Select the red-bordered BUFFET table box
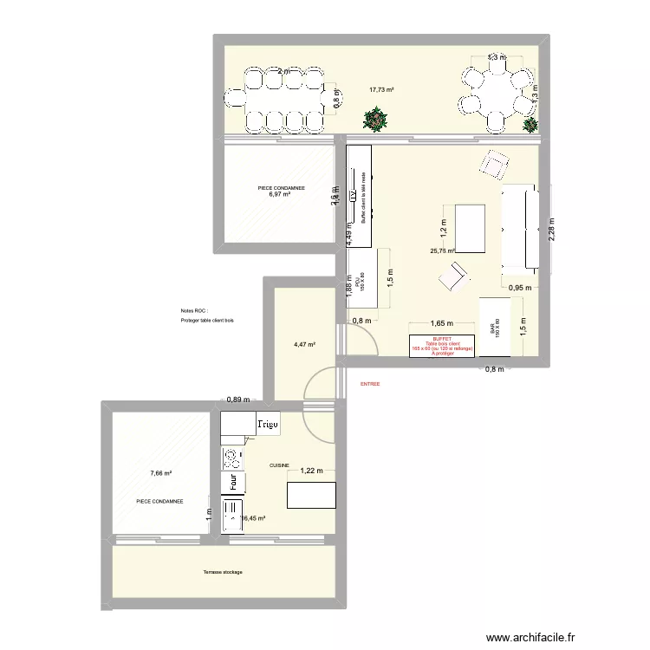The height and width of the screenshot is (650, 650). [x=442, y=347]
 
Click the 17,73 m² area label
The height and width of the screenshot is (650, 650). [x=381, y=89]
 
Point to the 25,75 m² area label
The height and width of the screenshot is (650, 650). [x=443, y=251]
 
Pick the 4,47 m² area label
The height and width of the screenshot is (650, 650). [x=303, y=344]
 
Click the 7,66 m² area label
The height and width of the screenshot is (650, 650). [x=160, y=473]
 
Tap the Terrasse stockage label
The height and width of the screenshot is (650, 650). [x=223, y=572]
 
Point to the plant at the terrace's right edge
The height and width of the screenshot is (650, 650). [x=530, y=124]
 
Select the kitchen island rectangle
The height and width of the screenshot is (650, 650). [x=311, y=495]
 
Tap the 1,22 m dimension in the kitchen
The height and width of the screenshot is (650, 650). [x=313, y=471]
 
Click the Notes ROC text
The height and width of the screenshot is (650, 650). [x=194, y=310]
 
